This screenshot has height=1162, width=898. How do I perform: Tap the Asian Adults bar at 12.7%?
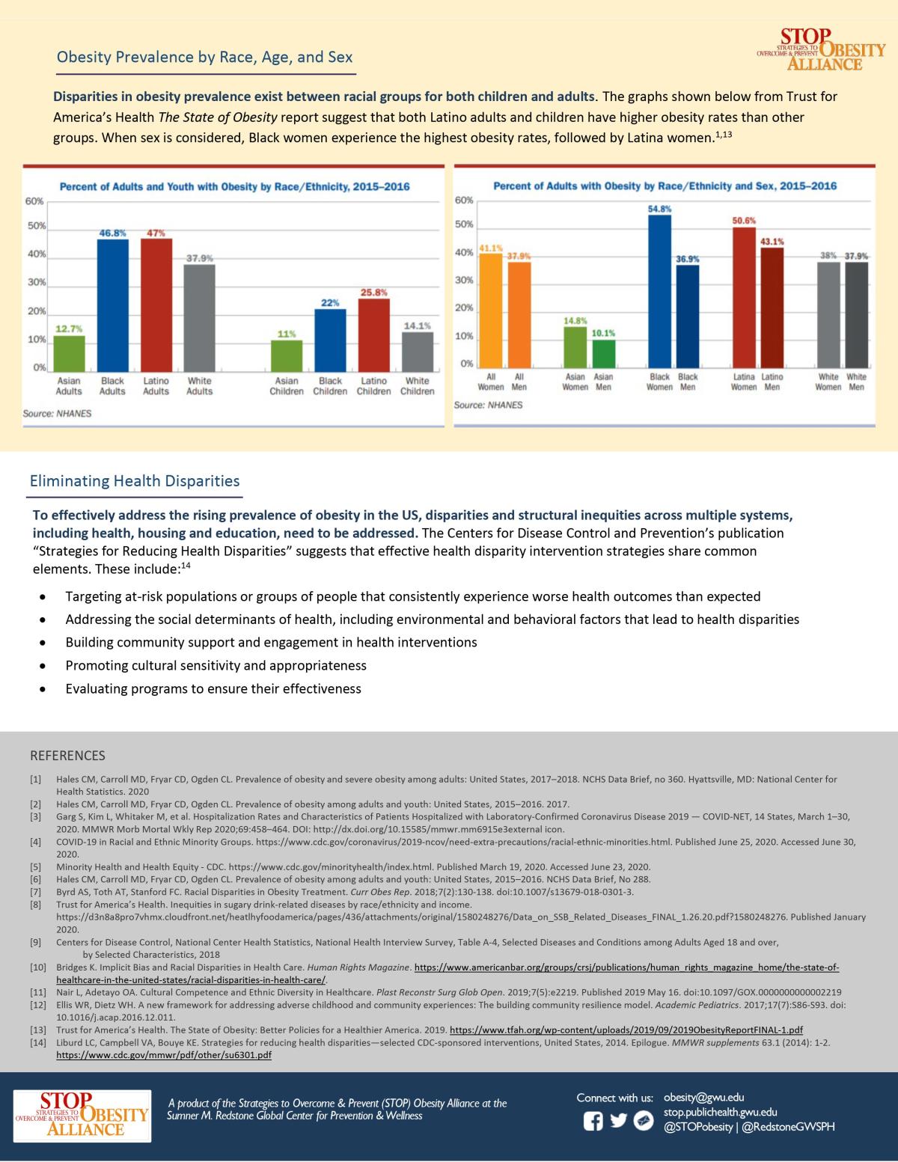coord(70,352)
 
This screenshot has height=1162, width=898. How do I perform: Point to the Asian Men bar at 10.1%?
coord(603,352)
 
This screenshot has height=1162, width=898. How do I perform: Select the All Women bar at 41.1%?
coord(491,309)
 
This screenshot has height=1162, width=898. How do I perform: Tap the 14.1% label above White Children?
coord(417,325)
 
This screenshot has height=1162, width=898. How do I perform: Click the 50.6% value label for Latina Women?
coord(743,221)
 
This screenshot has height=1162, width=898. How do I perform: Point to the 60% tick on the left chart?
coord(34,201)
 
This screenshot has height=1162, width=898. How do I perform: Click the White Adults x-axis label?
coord(199,386)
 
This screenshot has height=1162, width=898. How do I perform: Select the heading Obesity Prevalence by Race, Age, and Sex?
coord(204,58)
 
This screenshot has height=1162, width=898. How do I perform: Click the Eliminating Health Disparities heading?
coord(135,481)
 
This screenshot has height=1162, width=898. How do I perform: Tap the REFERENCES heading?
coord(67,755)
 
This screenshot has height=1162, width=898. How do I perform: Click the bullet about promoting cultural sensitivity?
coord(216,665)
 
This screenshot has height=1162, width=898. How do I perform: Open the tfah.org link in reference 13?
coord(626,1030)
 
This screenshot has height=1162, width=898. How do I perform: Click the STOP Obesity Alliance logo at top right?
coord(821,49)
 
